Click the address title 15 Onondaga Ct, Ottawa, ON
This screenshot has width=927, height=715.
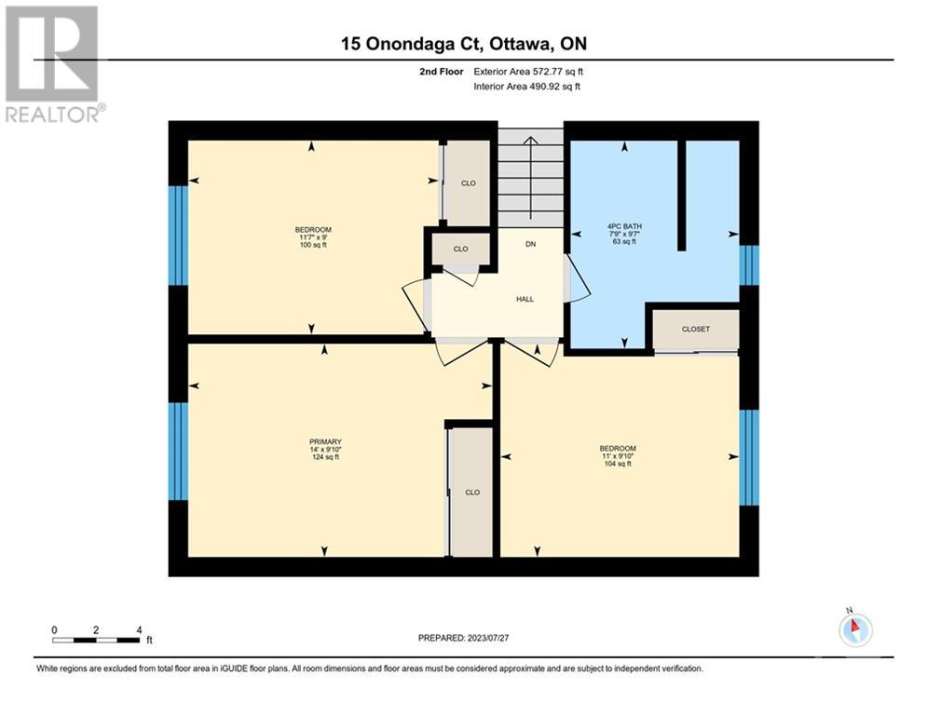pyautogui.click(x=464, y=44)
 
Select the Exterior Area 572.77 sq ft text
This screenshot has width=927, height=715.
pyautogui.click(x=528, y=72)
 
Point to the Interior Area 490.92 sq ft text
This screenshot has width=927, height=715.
pyautogui.click(x=526, y=87)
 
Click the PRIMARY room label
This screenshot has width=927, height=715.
pyautogui.click(x=325, y=442)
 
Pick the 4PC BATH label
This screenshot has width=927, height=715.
pyautogui.click(x=624, y=226)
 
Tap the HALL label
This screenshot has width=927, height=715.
pyautogui.click(x=525, y=299)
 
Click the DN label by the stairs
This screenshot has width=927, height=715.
pyautogui.click(x=530, y=244)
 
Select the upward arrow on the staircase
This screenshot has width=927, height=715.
pyautogui.click(x=531, y=177)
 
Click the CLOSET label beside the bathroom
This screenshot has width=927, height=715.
pyautogui.click(x=696, y=330)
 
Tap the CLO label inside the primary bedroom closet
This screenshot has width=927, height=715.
pyautogui.click(x=472, y=492)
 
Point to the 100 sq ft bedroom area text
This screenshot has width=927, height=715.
pyautogui.click(x=313, y=245)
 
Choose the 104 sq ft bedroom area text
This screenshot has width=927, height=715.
pyautogui.click(x=618, y=464)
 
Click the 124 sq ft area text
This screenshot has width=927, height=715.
pyautogui.click(x=325, y=457)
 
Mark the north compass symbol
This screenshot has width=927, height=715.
pyautogui.click(x=855, y=628)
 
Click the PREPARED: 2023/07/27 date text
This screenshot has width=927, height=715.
pyautogui.click(x=464, y=638)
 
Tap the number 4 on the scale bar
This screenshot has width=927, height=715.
pyautogui.click(x=139, y=630)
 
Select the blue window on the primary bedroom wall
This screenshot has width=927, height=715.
pyautogui.click(x=178, y=452)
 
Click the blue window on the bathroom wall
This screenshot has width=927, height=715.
pyautogui.click(x=749, y=265)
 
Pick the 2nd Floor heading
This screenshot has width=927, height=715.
pyautogui.click(x=442, y=72)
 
